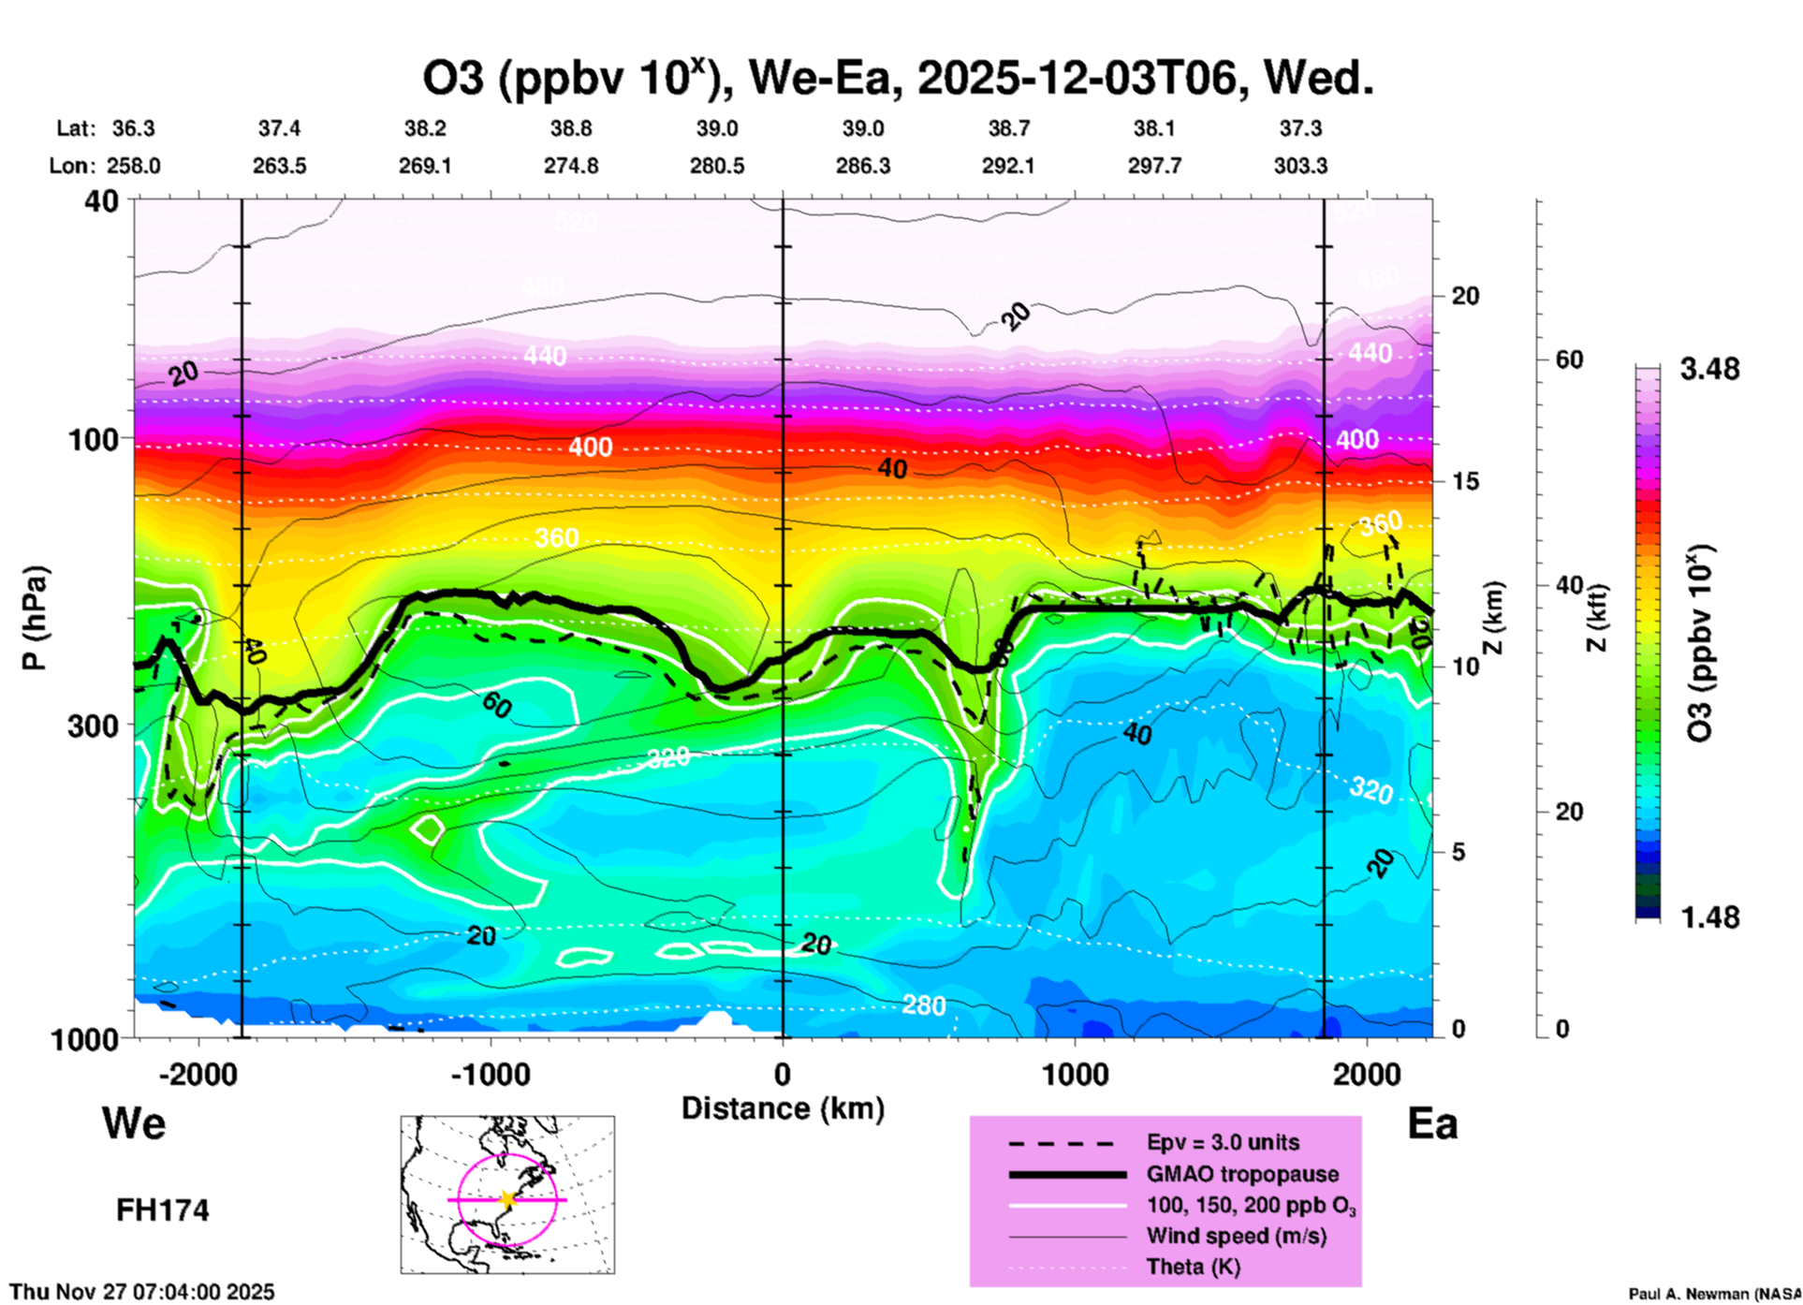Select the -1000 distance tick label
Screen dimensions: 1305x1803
coord(491,1074)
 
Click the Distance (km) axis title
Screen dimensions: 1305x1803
coord(783,1108)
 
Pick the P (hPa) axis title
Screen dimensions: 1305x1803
coord(35,618)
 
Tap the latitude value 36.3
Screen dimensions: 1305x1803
coord(133,128)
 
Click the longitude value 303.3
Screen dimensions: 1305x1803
coord(1300,166)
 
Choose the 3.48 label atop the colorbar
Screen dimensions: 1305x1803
coord(1709,370)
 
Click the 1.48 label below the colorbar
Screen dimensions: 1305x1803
coord(1709,917)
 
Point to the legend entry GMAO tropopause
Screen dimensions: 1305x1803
coord(1242,1174)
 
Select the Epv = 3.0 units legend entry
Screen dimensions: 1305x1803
coord(1223,1142)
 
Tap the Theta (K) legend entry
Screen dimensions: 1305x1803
coord(1193,1267)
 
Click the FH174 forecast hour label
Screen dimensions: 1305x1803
coord(162,1210)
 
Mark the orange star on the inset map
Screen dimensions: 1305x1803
coord(507,1199)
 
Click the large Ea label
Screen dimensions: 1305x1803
coord(1432,1124)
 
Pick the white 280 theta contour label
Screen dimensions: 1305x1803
coord(924,1005)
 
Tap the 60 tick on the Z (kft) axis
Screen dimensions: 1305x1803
coord(1570,359)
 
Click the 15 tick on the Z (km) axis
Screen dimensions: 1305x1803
coord(1465,481)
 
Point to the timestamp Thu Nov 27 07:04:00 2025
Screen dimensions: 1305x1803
coord(142,1292)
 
